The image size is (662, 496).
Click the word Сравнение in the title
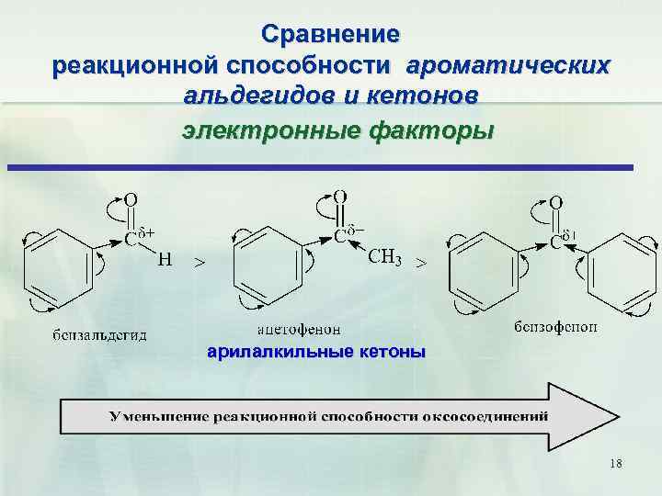tap(330, 35)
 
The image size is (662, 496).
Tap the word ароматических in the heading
tap(508, 66)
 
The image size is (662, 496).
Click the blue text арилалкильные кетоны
tap(316, 351)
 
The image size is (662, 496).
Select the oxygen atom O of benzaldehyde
tap(131, 197)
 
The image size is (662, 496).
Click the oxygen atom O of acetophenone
tap(340, 196)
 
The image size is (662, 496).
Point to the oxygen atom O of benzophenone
tap(556, 201)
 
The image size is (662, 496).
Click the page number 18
tap(615, 464)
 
